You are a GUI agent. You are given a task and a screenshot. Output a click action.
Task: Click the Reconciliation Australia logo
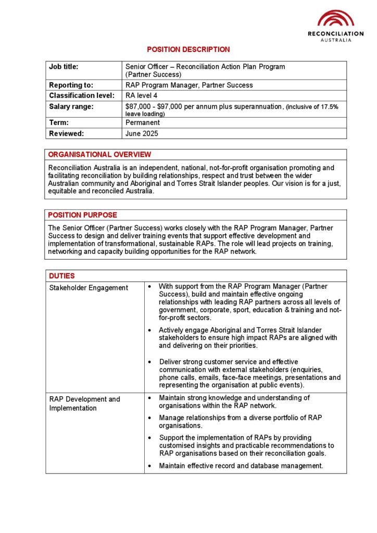tap(335, 26)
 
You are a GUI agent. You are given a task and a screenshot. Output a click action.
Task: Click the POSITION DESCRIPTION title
tap(188, 49)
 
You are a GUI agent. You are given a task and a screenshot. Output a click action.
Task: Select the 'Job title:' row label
tap(64, 67)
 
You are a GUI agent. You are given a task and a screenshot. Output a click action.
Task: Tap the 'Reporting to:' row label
tap(71, 85)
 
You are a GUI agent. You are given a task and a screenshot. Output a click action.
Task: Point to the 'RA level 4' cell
tap(141, 95)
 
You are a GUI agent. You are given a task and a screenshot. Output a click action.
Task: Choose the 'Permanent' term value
tap(143, 123)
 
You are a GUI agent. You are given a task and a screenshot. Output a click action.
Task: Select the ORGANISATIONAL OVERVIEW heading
tap(99, 155)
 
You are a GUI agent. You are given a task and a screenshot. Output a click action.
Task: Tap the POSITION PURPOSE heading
tap(82, 215)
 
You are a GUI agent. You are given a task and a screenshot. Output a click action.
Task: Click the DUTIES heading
tap(62, 276)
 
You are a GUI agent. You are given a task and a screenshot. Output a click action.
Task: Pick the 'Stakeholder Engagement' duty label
tap(89, 288)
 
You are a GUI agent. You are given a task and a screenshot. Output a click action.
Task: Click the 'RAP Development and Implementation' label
tap(84, 403)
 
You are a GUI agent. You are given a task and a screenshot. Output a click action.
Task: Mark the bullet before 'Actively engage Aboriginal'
tap(150, 331)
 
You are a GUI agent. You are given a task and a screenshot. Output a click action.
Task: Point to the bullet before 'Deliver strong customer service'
tap(150, 362)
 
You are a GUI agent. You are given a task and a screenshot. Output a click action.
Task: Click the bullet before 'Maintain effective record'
tap(150, 466)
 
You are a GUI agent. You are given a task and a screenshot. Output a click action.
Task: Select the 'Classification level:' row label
tap(82, 95)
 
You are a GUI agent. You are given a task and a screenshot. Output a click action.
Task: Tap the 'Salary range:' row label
tap(71, 107)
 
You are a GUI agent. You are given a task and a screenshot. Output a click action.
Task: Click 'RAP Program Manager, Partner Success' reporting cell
tap(189, 85)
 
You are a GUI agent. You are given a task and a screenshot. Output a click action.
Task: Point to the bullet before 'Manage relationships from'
tap(150, 418)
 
